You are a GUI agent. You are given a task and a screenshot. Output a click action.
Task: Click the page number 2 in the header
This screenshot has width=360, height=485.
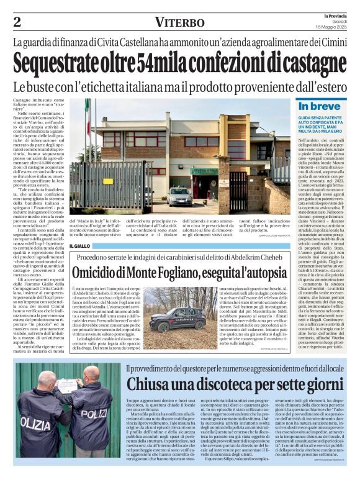pos(17,22)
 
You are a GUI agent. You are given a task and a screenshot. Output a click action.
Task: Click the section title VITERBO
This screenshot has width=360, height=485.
pos(180,22)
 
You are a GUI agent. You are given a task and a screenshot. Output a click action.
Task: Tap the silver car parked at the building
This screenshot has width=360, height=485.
pos(180,196)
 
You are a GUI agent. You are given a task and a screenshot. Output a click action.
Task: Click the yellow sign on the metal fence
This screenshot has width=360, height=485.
pos(108,181)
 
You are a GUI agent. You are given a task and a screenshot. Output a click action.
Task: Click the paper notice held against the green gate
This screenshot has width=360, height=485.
pos(67,386)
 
